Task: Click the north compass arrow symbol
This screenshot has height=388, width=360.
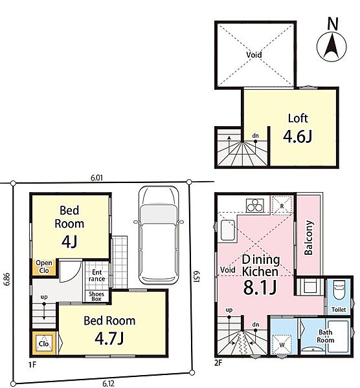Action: coord(332,47)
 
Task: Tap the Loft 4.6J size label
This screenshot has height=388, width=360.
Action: coord(298,136)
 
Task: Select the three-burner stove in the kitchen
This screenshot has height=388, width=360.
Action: coord(255,206)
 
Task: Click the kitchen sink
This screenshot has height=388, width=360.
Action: coord(228,230)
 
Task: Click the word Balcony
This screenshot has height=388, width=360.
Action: coord(309,237)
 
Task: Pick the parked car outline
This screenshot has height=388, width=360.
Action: coord(159,235)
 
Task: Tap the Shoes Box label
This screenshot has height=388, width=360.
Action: coord(96,296)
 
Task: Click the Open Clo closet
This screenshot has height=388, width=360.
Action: coord(44,266)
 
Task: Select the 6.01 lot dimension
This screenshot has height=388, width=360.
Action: coord(96,178)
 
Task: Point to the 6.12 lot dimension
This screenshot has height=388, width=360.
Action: coord(108,383)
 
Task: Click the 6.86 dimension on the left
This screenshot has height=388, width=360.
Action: coord(6,279)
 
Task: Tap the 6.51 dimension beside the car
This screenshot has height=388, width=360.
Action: coord(196,276)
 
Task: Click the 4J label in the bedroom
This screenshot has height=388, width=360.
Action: coord(69,241)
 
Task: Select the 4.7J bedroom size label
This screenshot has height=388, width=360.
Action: coord(109,338)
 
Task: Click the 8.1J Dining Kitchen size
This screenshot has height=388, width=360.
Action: coord(260,288)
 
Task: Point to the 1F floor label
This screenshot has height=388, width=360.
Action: coord(32,365)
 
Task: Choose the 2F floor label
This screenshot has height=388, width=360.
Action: coord(218,363)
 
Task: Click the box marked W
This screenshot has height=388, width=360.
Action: coord(282,345)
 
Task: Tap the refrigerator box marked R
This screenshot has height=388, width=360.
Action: coord(282,206)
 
